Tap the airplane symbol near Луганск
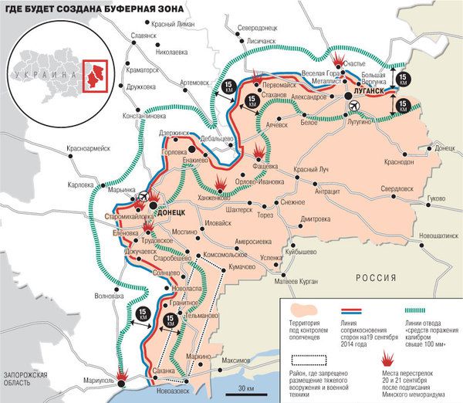pos(353,104)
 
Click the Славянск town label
pos(144,36)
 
